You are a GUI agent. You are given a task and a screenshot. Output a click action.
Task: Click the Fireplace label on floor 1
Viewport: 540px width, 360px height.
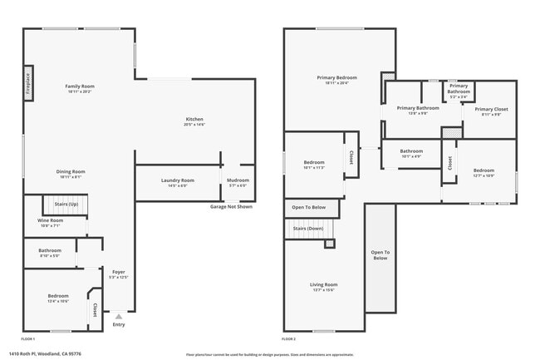[x=27, y=84]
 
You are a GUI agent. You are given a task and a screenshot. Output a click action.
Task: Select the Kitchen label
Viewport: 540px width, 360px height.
[x=194, y=121]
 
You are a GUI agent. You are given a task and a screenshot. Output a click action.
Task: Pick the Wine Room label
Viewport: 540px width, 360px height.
[x=50, y=222]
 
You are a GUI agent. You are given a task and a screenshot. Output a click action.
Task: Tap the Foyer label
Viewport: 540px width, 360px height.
[x=119, y=274]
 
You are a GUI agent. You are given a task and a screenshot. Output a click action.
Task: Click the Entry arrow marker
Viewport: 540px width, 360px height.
[x=119, y=316]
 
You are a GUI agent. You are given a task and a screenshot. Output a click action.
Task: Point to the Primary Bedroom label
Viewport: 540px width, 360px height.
[x=332, y=80]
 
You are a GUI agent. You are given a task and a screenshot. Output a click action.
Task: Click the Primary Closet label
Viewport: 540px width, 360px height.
[x=491, y=111]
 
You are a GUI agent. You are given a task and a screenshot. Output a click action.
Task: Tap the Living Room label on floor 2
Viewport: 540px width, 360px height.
[x=324, y=287]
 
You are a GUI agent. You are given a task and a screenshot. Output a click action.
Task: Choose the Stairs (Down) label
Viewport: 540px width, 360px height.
[x=308, y=228]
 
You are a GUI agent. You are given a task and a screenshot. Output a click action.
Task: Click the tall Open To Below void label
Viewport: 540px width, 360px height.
[x=380, y=255]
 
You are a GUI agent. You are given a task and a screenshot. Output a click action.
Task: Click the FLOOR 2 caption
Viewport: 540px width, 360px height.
[x=288, y=339]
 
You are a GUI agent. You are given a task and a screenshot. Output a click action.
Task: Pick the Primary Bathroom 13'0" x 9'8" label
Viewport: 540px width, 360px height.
[x=417, y=110]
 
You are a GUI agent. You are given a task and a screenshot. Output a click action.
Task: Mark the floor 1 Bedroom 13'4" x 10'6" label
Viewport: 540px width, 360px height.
[x=58, y=298]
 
